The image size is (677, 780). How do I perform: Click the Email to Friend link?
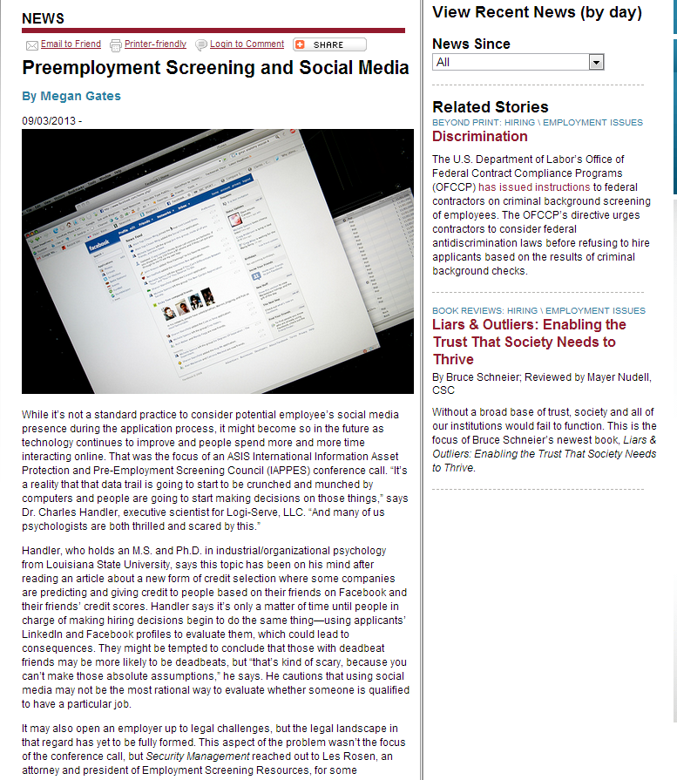pos(71,44)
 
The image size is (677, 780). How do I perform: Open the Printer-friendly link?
pos(155,44)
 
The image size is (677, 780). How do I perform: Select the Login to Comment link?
pos(247,44)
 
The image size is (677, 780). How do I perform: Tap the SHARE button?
pos(329,44)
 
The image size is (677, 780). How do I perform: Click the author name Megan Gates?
pos(78,96)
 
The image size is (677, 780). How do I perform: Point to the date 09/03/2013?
pos(50,120)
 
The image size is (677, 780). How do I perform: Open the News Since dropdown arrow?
pos(596,62)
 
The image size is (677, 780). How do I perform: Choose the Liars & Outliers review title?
pos(529,342)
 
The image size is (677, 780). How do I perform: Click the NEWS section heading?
pos(43,18)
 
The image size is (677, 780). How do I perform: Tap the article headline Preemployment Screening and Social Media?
pos(215,68)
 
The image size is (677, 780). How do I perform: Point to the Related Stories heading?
pos(491,107)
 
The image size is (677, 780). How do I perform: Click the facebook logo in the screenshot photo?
pos(98,247)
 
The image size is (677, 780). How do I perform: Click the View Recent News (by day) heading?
pos(537,12)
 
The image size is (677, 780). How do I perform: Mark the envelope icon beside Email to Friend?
pos(32,45)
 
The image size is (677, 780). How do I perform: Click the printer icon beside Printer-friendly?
pos(116,44)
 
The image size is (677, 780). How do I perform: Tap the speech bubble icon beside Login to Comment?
pos(201,44)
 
